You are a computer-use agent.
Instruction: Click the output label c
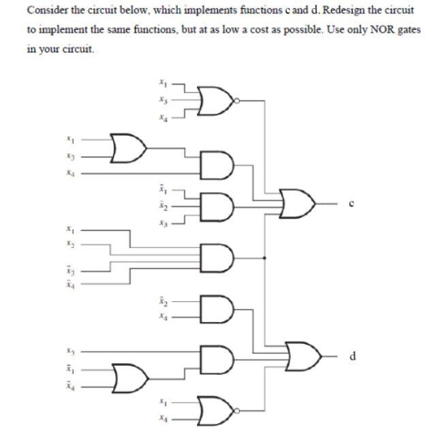[349, 202]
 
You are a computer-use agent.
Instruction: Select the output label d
[352, 356]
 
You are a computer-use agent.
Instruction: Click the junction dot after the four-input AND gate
[265, 258]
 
